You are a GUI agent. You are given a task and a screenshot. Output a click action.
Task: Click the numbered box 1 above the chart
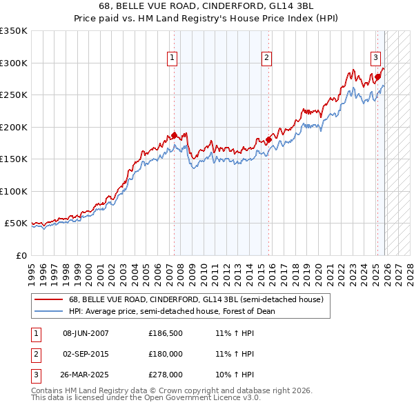click(x=171, y=59)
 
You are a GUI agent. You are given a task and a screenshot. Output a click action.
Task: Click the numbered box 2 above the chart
click(x=266, y=59)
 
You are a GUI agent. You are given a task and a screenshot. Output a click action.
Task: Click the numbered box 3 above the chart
click(x=376, y=59)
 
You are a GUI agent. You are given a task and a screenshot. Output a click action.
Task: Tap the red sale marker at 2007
click(x=175, y=135)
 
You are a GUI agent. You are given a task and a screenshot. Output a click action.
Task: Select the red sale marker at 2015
click(x=268, y=139)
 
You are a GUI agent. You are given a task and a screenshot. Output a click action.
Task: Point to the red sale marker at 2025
click(x=378, y=77)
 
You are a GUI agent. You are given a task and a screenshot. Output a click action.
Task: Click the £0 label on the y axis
click(x=21, y=255)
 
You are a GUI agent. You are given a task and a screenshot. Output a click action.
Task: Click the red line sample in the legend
click(x=48, y=300)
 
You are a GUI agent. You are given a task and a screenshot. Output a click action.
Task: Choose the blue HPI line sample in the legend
click(x=48, y=312)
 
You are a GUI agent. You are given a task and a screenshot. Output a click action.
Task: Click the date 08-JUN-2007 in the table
click(x=86, y=333)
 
